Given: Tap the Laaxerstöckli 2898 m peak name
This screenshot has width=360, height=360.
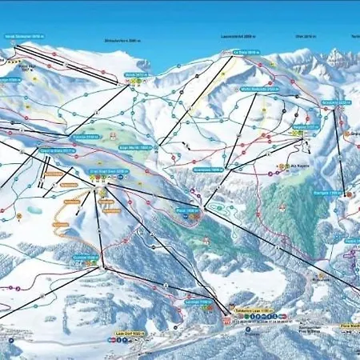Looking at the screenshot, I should [238, 36].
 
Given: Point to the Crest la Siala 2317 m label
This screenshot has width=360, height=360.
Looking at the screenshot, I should [56, 150].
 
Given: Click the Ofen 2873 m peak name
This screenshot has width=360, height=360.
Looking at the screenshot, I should [302, 36].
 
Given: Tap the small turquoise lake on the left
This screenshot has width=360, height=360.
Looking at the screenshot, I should [36, 210].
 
